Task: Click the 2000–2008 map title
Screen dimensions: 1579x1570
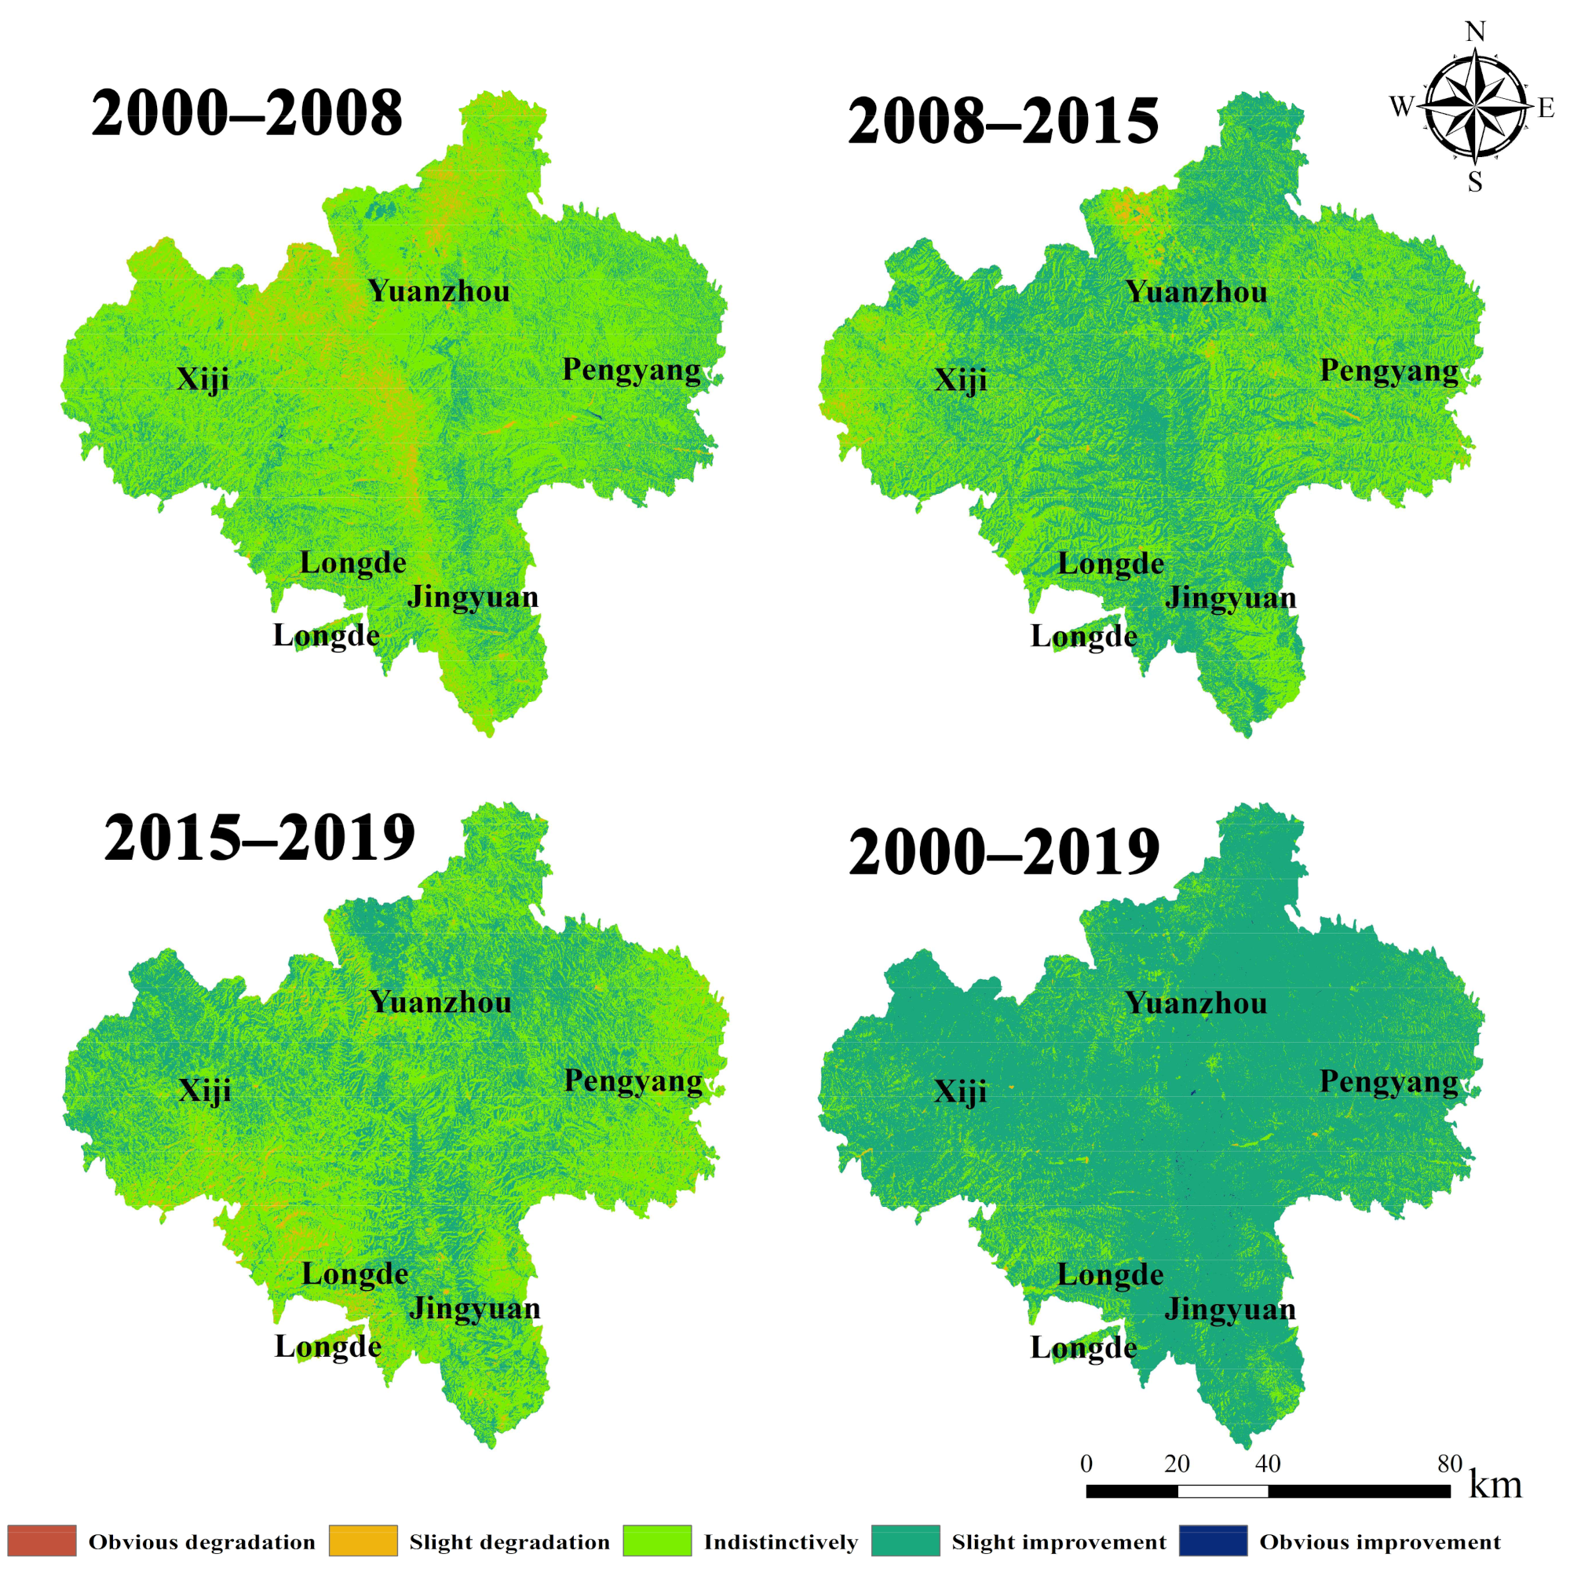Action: coord(246,113)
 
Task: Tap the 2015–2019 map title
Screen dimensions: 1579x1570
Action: coord(259,839)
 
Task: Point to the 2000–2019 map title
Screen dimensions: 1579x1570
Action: coord(1004,853)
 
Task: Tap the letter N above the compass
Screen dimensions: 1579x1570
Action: coord(1474,32)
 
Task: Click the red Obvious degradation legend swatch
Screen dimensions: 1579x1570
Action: coord(42,1541)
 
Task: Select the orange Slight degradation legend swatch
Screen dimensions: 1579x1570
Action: coord(363,1541)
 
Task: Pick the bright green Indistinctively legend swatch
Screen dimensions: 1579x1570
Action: coord(656,1541)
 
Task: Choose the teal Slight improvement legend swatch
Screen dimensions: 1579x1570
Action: coord(906,1541)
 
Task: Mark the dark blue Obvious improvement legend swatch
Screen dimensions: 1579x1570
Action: coord(1213,1541)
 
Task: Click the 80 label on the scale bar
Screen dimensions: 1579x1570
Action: coord(1449,1464)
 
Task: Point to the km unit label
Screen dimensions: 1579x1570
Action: coord(1495,1485)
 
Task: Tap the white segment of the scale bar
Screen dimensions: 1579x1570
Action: coord(1223,1492)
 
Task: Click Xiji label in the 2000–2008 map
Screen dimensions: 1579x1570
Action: coord(203,379)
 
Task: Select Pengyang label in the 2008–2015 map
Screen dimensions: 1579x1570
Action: coord(1389,371)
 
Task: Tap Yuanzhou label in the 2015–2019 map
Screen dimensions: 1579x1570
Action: coord(440,1002)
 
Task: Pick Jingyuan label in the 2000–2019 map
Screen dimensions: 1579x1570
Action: coord(1230,1308)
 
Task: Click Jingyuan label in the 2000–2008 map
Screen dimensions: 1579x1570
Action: coord(473,597)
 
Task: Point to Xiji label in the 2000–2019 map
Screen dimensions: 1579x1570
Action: coord(960,1091)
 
